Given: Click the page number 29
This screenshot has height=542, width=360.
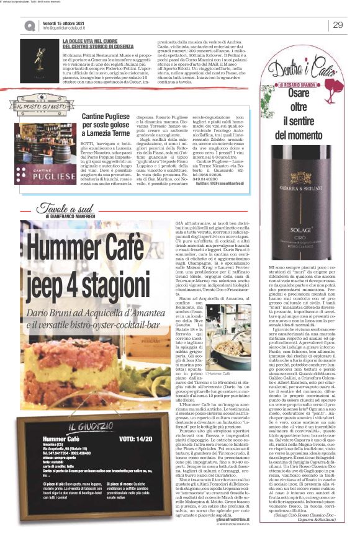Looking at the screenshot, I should tap(338, 24).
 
